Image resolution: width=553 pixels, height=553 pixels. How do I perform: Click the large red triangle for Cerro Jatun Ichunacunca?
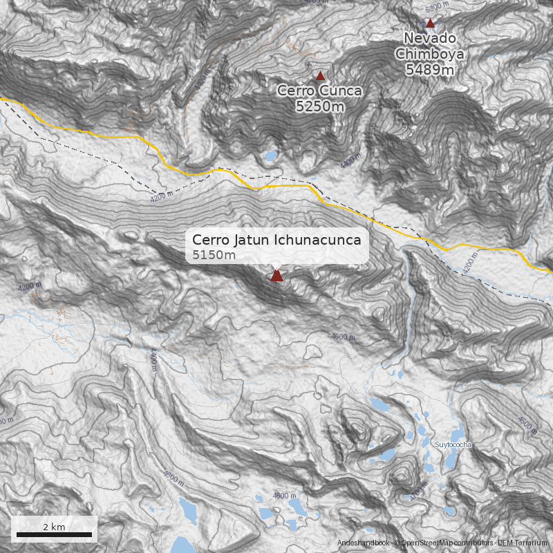[x=276, y=276]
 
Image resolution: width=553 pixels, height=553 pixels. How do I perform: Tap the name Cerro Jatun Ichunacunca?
[x=276, y=240]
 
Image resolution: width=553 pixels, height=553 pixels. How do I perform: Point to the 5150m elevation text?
[x=214, y=256]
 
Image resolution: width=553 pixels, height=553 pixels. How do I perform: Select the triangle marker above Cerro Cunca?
[x=320, y=75]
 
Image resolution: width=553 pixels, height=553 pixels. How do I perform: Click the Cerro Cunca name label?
[x=319, y=91]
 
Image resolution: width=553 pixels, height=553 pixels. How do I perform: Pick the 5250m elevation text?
[x=319, y=106]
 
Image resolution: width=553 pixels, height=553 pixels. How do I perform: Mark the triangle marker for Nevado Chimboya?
[x=430, y=23]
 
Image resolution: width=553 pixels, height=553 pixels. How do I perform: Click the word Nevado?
[x=430, y=38]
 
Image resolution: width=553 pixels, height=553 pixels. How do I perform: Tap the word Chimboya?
[x=430, y=53]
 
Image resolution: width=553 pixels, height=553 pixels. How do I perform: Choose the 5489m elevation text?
[x=430, y=69]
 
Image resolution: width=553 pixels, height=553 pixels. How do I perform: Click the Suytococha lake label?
[x=453, y=444]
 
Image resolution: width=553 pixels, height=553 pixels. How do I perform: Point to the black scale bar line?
[x=54, y=534]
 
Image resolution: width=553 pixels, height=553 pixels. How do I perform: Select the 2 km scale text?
[x=54, y=527]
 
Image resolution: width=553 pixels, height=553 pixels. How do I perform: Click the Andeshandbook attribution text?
[x=364, y=544]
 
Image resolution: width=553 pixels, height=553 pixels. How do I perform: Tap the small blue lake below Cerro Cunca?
[x=270, y=157]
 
